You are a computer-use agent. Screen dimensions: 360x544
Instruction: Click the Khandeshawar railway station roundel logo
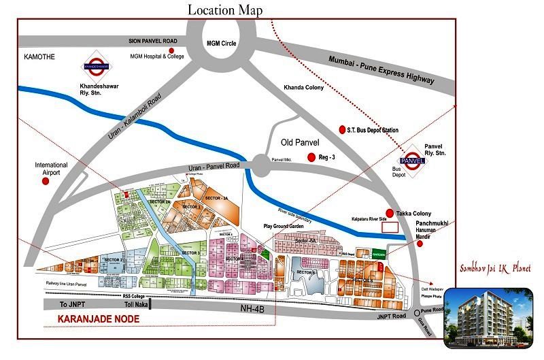pos(96,66)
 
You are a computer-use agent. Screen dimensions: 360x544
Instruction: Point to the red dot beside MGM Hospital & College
pos(173,51)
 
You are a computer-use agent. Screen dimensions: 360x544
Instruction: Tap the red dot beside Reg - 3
pos(311,157)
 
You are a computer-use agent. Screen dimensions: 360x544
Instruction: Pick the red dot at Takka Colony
pos(390,213)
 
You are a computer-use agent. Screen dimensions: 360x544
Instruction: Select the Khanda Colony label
pos(304,88)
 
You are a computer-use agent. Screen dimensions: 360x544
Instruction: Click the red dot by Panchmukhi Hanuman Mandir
pos(426,245)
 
